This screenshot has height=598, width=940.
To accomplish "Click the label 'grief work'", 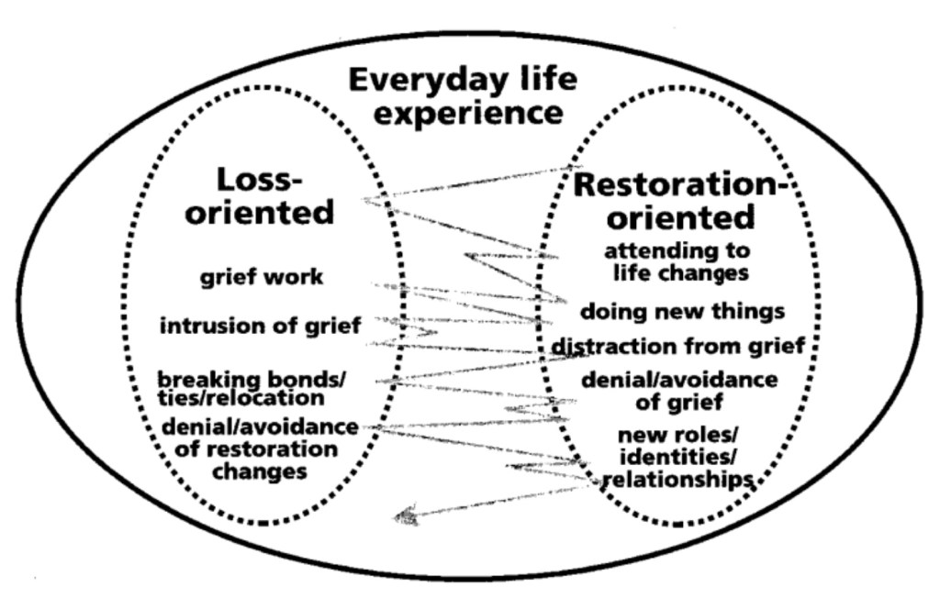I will point(263,276).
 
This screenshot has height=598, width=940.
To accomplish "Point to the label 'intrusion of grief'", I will point(261,326).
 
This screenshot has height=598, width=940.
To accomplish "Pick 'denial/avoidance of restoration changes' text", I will point(260,448).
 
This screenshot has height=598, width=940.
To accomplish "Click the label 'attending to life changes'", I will point(677,261).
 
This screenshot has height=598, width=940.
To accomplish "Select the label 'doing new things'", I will point(682,312).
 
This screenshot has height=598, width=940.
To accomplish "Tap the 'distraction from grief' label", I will point(677,347).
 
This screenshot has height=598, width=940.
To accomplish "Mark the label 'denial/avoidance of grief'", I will point(680,390).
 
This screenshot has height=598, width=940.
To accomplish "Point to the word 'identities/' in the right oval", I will point(676,456).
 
